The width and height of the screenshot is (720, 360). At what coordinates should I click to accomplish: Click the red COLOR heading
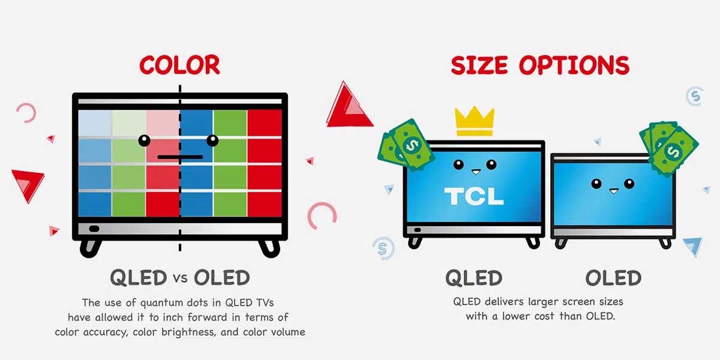coord(179,65)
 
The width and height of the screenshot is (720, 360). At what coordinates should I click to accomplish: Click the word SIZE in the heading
coord(479,65)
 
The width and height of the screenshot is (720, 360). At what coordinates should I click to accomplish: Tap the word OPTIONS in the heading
coord(574,65)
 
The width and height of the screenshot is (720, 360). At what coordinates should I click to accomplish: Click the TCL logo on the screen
coord(474,196)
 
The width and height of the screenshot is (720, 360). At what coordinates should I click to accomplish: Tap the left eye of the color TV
coord(145,140)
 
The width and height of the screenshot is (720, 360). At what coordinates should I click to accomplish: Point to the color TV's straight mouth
coord(180,157)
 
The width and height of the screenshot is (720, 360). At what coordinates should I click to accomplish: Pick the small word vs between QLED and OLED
coord(181,278)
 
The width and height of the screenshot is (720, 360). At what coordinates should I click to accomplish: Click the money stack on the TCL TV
coord(406,145)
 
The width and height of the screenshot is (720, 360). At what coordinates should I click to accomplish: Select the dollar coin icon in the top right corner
coord(695,96)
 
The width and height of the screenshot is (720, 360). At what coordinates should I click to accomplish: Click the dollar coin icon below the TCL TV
coord(383,248)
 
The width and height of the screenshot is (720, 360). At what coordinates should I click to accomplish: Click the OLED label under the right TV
coord(613,278)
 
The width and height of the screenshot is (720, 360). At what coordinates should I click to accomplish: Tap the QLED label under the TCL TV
coord(474,278)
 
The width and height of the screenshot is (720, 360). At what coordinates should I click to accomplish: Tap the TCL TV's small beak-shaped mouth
coord(476,172)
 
